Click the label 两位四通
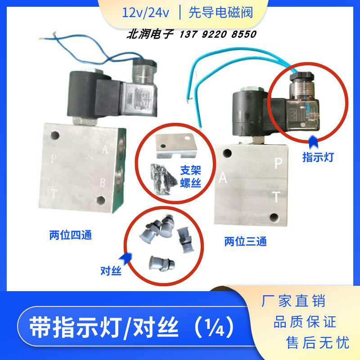70,234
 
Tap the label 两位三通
245,242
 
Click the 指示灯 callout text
318,157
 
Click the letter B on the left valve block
103,182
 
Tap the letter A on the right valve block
222,179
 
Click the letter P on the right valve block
278,163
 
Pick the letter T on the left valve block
54,194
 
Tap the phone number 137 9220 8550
218,34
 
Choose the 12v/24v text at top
145,12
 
